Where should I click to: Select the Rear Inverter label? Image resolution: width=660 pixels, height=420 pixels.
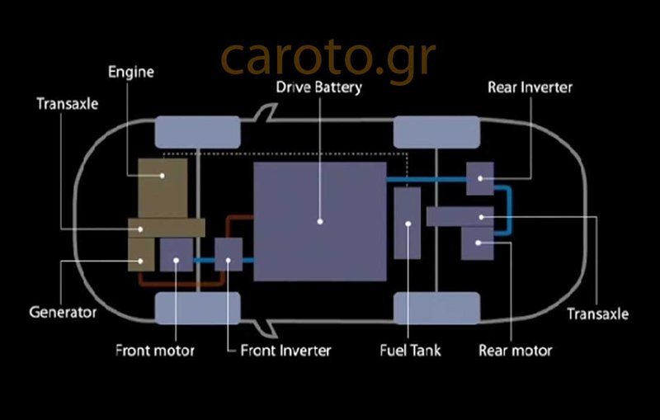(x=530, y=87)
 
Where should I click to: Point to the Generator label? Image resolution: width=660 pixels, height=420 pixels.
(x=63, y=313)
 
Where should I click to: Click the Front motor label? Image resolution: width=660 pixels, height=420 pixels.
(x=155, y=351)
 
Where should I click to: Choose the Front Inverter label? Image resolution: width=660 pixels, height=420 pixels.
(x=285, y=351)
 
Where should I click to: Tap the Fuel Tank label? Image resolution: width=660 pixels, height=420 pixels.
(x=409, y=351)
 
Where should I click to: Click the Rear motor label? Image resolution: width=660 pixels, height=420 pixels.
(x=516, y=351)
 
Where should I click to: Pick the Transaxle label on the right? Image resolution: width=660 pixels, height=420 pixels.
(x=598, y=314)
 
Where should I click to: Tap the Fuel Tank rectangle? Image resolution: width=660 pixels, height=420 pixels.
(x=408, y=223)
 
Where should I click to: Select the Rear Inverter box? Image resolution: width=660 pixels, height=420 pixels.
(x=479, y=178)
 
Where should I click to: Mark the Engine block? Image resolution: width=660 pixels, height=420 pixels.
(x=162, y=186)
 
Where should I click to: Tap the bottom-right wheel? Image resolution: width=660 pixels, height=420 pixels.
(x=436, y=309)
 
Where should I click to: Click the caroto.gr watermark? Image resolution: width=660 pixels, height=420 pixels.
(x=328, y=55)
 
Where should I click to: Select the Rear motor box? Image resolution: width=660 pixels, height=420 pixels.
(x=477, y=243)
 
